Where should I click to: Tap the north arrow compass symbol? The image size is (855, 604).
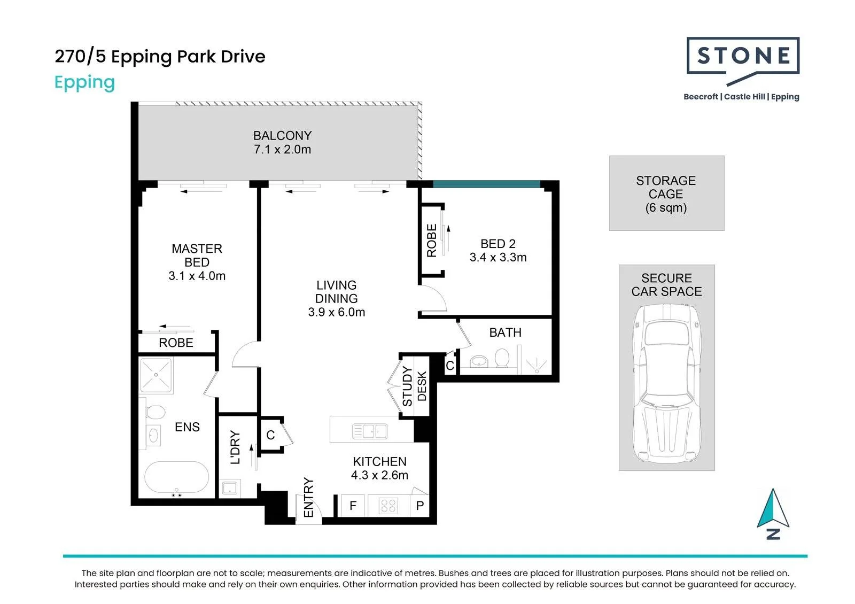point(773,514)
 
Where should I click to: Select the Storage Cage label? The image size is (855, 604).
point(666,194)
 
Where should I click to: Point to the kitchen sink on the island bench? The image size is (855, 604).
point(370,431)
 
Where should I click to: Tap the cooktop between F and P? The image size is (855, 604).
point(388,506)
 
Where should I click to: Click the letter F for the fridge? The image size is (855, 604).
point(353,506)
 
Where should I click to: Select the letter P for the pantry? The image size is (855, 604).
point(420,506)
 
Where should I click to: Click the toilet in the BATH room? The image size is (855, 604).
point(502,358)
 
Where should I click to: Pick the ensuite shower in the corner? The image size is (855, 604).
point(156,375)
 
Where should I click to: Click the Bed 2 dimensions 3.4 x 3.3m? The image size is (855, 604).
point(498,257)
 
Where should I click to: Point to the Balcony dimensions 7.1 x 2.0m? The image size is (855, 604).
point(283,149)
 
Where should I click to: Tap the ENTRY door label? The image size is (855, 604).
point(308,498)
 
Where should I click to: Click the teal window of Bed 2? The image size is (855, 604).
point(486,184)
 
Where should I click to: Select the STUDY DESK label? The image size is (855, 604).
point(415,386)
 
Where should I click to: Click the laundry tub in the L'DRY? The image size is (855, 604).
point(229,489)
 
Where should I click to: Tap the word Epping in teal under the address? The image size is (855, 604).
point(85,82)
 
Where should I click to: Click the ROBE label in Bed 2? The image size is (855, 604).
point(431,241)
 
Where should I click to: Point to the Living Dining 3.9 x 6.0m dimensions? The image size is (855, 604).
point(336,312)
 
